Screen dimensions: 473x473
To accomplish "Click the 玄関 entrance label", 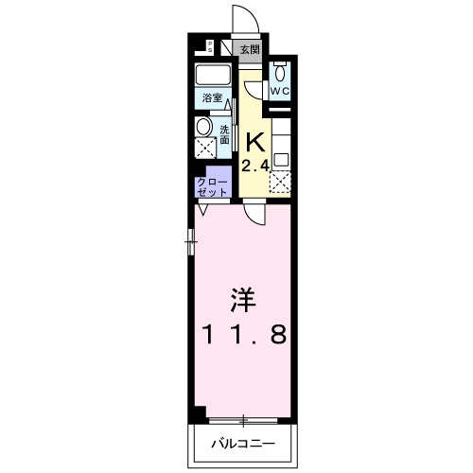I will [249, 50].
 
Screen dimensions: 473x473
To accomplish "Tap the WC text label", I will [280, 91].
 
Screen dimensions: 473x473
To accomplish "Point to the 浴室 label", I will [211, 98].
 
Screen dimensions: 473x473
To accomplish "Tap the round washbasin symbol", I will [204, 128].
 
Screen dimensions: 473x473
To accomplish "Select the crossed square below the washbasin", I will [204, 148].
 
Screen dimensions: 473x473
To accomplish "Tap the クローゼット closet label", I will [211, 185].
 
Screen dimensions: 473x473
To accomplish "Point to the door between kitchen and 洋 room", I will [254, 213].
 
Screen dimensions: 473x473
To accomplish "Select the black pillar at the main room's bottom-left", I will [200, 412].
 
